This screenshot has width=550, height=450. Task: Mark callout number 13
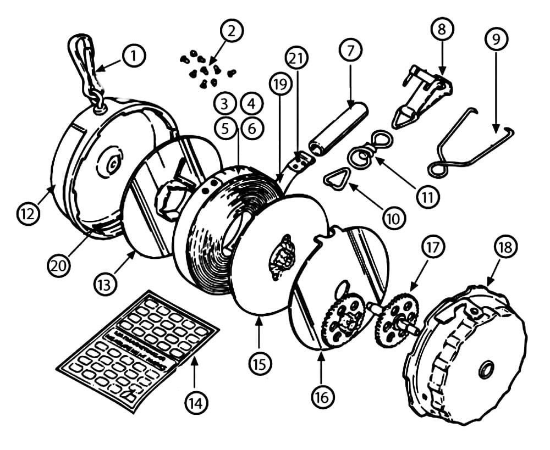click(105, 285)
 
